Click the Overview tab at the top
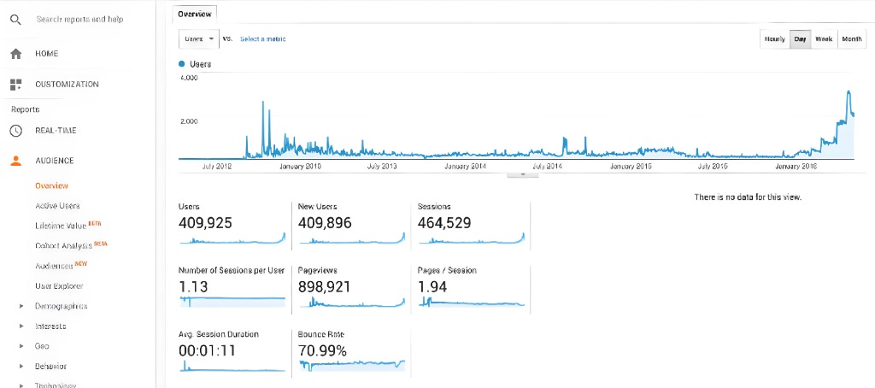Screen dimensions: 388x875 [x=194, y=13]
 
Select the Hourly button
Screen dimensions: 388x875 [x=775, y=39]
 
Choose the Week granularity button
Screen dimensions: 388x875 [x=824, y=39]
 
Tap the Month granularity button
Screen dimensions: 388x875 [x=851, y=39]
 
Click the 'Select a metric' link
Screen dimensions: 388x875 [x=262, y=39]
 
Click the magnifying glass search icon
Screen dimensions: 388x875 [x=15, y=20]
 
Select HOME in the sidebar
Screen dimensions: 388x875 [x=47, y=54]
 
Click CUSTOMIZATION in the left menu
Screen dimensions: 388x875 [x=67, y=85]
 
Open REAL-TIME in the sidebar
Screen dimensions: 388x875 [x=56, y=131]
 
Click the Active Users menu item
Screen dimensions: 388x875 [x=57, y=206]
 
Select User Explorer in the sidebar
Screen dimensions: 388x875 [x=59, y=286]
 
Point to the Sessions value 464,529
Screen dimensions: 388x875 [x=443, y=223]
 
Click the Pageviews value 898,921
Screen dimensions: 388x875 [x=324, y=286]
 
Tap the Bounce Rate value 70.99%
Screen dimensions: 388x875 [x=322, y=350]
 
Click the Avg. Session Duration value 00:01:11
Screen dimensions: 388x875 [x=207, y=350]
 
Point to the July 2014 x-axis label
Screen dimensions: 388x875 [x=548, y=166]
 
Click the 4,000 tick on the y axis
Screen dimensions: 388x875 [x=189, y=78]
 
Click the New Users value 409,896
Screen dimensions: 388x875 [x=325, y=223]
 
